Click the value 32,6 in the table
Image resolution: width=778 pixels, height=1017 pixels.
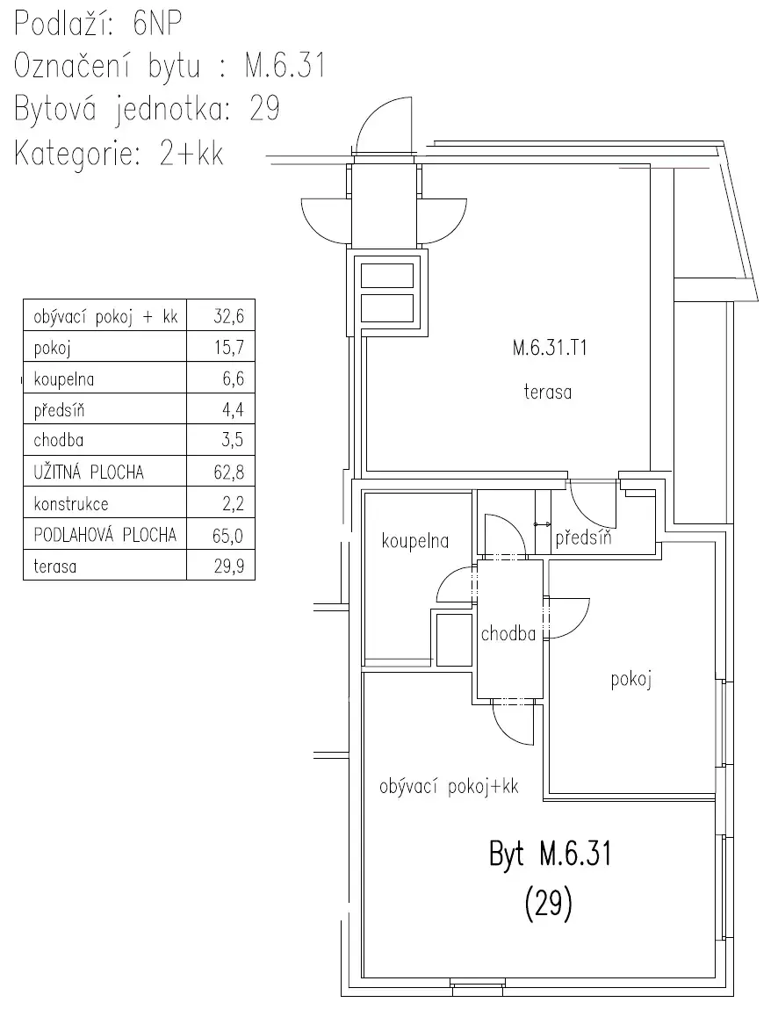229,316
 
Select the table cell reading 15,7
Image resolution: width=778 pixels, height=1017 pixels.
229,348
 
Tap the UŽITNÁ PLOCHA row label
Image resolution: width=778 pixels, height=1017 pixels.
89,472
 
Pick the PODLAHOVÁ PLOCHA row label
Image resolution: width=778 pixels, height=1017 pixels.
105,535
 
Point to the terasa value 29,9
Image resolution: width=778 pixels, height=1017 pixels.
229,566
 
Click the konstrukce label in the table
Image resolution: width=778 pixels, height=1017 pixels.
71,504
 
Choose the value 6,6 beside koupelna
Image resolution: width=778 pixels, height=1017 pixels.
233,379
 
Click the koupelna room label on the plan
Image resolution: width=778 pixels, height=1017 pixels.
415,541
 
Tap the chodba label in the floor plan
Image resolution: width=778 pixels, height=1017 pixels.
508,633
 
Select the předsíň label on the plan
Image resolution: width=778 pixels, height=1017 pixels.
583,537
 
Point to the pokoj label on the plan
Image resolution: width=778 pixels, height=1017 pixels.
630,680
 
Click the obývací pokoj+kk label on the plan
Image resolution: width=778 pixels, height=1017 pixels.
449,787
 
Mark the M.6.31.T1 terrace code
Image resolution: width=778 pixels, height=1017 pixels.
550,349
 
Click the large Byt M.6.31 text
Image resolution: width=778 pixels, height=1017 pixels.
551,854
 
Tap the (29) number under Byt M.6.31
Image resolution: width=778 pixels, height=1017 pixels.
549,903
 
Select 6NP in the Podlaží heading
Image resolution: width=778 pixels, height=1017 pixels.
157,24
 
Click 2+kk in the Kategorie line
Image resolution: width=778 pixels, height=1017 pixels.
191,154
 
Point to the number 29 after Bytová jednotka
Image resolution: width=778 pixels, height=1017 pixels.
264,108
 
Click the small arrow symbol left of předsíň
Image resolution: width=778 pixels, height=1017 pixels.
542,524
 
